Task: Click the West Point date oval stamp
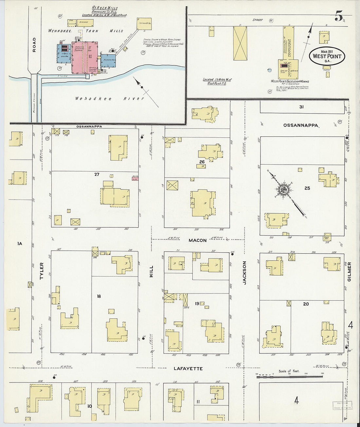coord(327,56)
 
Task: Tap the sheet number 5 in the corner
coord(339,16)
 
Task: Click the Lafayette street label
coord(188,368)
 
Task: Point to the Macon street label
coord(197,240)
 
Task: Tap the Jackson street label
coord(244,272)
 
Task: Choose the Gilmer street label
coord(349,271)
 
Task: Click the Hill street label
coord(151,272)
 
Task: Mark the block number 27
coord(97,174)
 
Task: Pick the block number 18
coord(99,296)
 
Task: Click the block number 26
coord(202,162)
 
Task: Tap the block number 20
coord(306,304)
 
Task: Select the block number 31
coord(301,107)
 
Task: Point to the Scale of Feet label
coord(289,371)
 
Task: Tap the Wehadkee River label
coord(110,98)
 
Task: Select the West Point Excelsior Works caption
coord(290,81)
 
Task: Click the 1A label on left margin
coord(19,243)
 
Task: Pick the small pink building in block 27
coord(135,179)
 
